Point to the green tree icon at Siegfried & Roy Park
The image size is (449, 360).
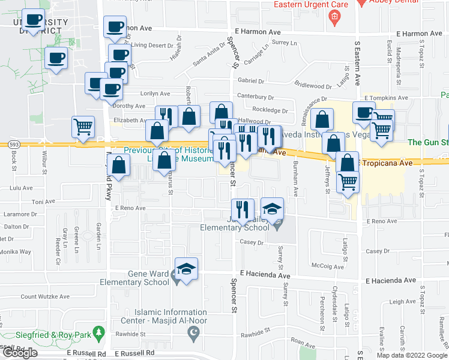102,332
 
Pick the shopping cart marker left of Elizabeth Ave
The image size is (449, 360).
83,127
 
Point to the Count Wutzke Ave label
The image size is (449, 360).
46,296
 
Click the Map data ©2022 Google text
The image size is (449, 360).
412,355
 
